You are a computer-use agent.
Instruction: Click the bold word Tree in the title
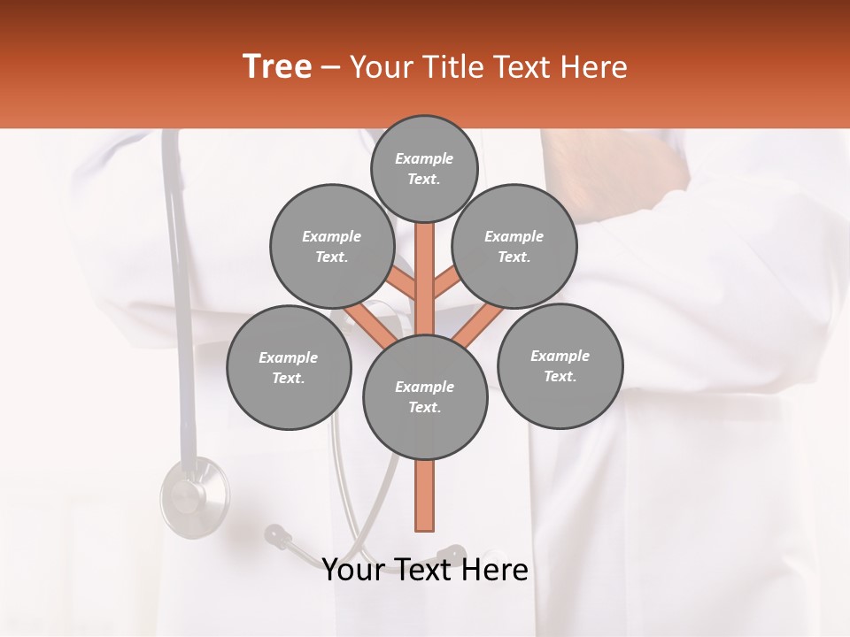point(277,67)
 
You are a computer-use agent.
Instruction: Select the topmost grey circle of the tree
point(424,168)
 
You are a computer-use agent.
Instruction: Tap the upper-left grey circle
point(332,246)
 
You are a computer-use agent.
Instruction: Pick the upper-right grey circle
point(514,246)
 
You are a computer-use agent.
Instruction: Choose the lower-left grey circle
point(289,367)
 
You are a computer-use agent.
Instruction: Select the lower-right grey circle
point(560,365)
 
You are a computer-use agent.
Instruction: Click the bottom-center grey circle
point(425,397)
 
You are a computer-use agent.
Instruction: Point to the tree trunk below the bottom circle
point(425,495)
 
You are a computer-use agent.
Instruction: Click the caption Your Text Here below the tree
point(425,570)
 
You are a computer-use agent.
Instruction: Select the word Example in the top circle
point(424,158)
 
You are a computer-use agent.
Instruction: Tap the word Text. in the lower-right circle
point(560,376)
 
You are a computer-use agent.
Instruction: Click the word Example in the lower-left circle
point(289,357)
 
